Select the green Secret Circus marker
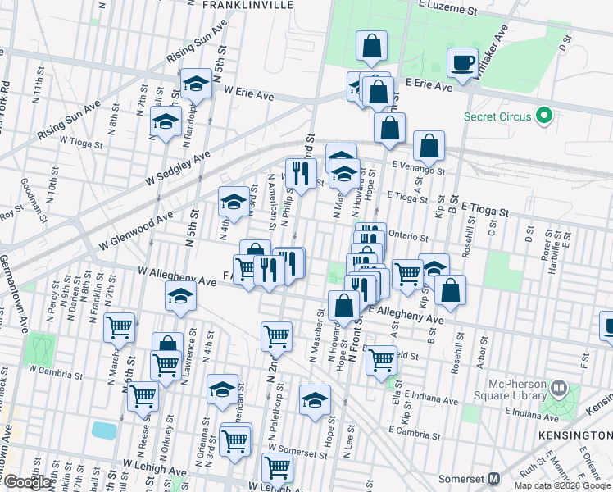[x=542, y=116]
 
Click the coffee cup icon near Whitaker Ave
[x=463, y=62]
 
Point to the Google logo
[x=26, y=482]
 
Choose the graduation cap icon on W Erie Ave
[x=197, y=83]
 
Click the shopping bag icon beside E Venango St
[x=429, y=147]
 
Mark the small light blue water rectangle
[x=104, y=430]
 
